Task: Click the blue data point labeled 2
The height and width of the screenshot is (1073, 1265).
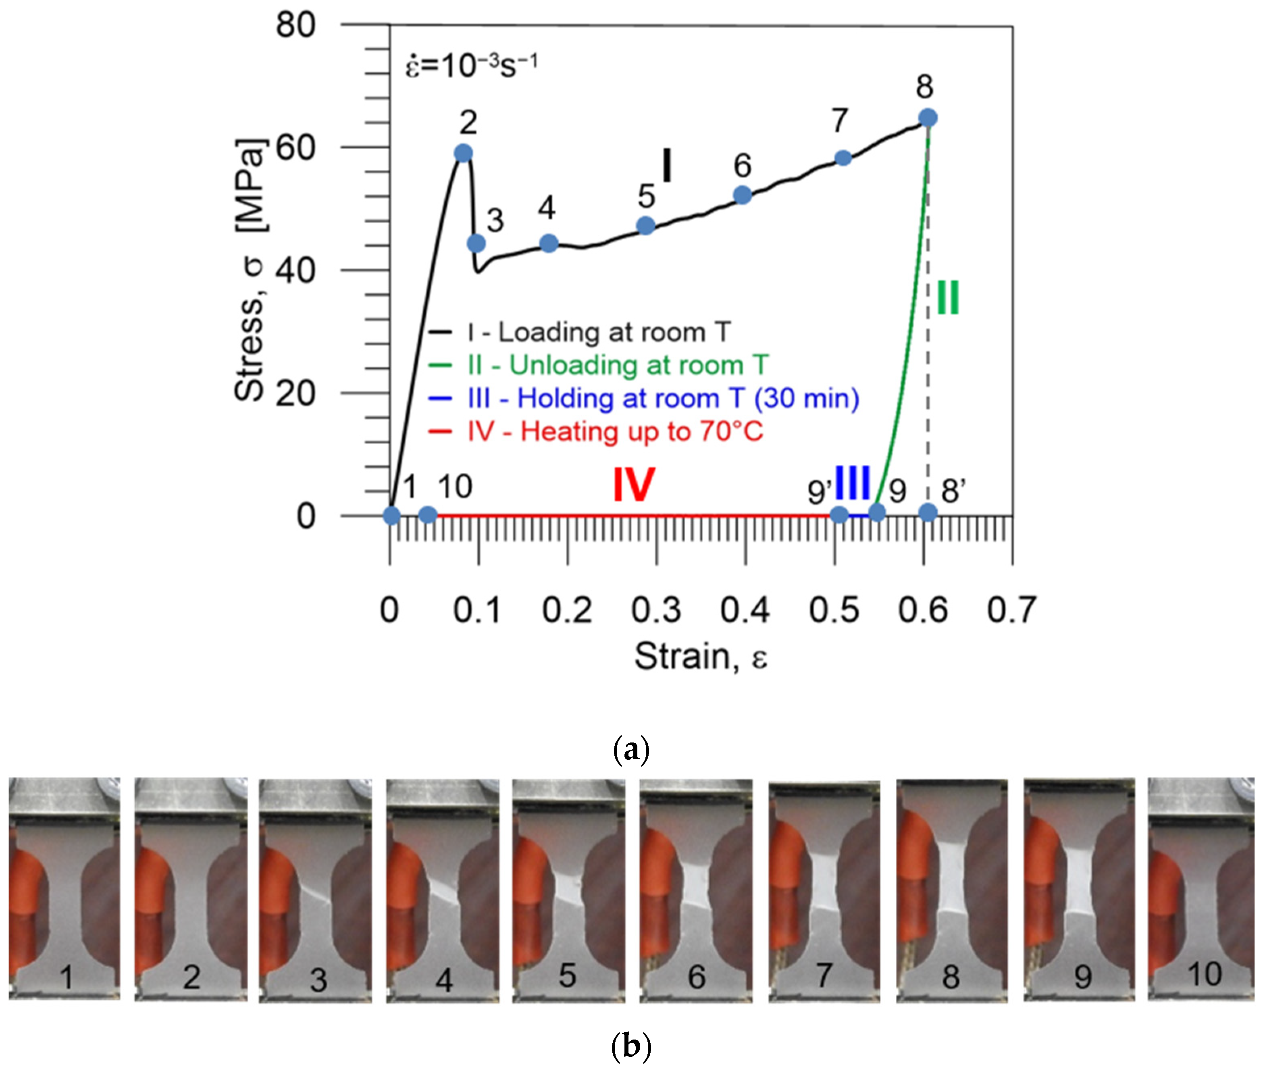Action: coord(464,153)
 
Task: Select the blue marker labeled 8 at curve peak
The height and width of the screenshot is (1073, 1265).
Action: coord(927,117)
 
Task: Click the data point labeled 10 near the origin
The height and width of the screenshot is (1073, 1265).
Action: coord(428,515)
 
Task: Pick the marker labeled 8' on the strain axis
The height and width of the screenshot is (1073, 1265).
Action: coord(927,513)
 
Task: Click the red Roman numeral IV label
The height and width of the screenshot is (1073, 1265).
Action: coord(633,485)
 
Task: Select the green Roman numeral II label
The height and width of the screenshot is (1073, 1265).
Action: coord(947,297)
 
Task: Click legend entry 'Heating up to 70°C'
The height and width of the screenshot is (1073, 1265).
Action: coord(614,431)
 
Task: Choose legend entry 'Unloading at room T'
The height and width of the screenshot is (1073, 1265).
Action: coord(617,365)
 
